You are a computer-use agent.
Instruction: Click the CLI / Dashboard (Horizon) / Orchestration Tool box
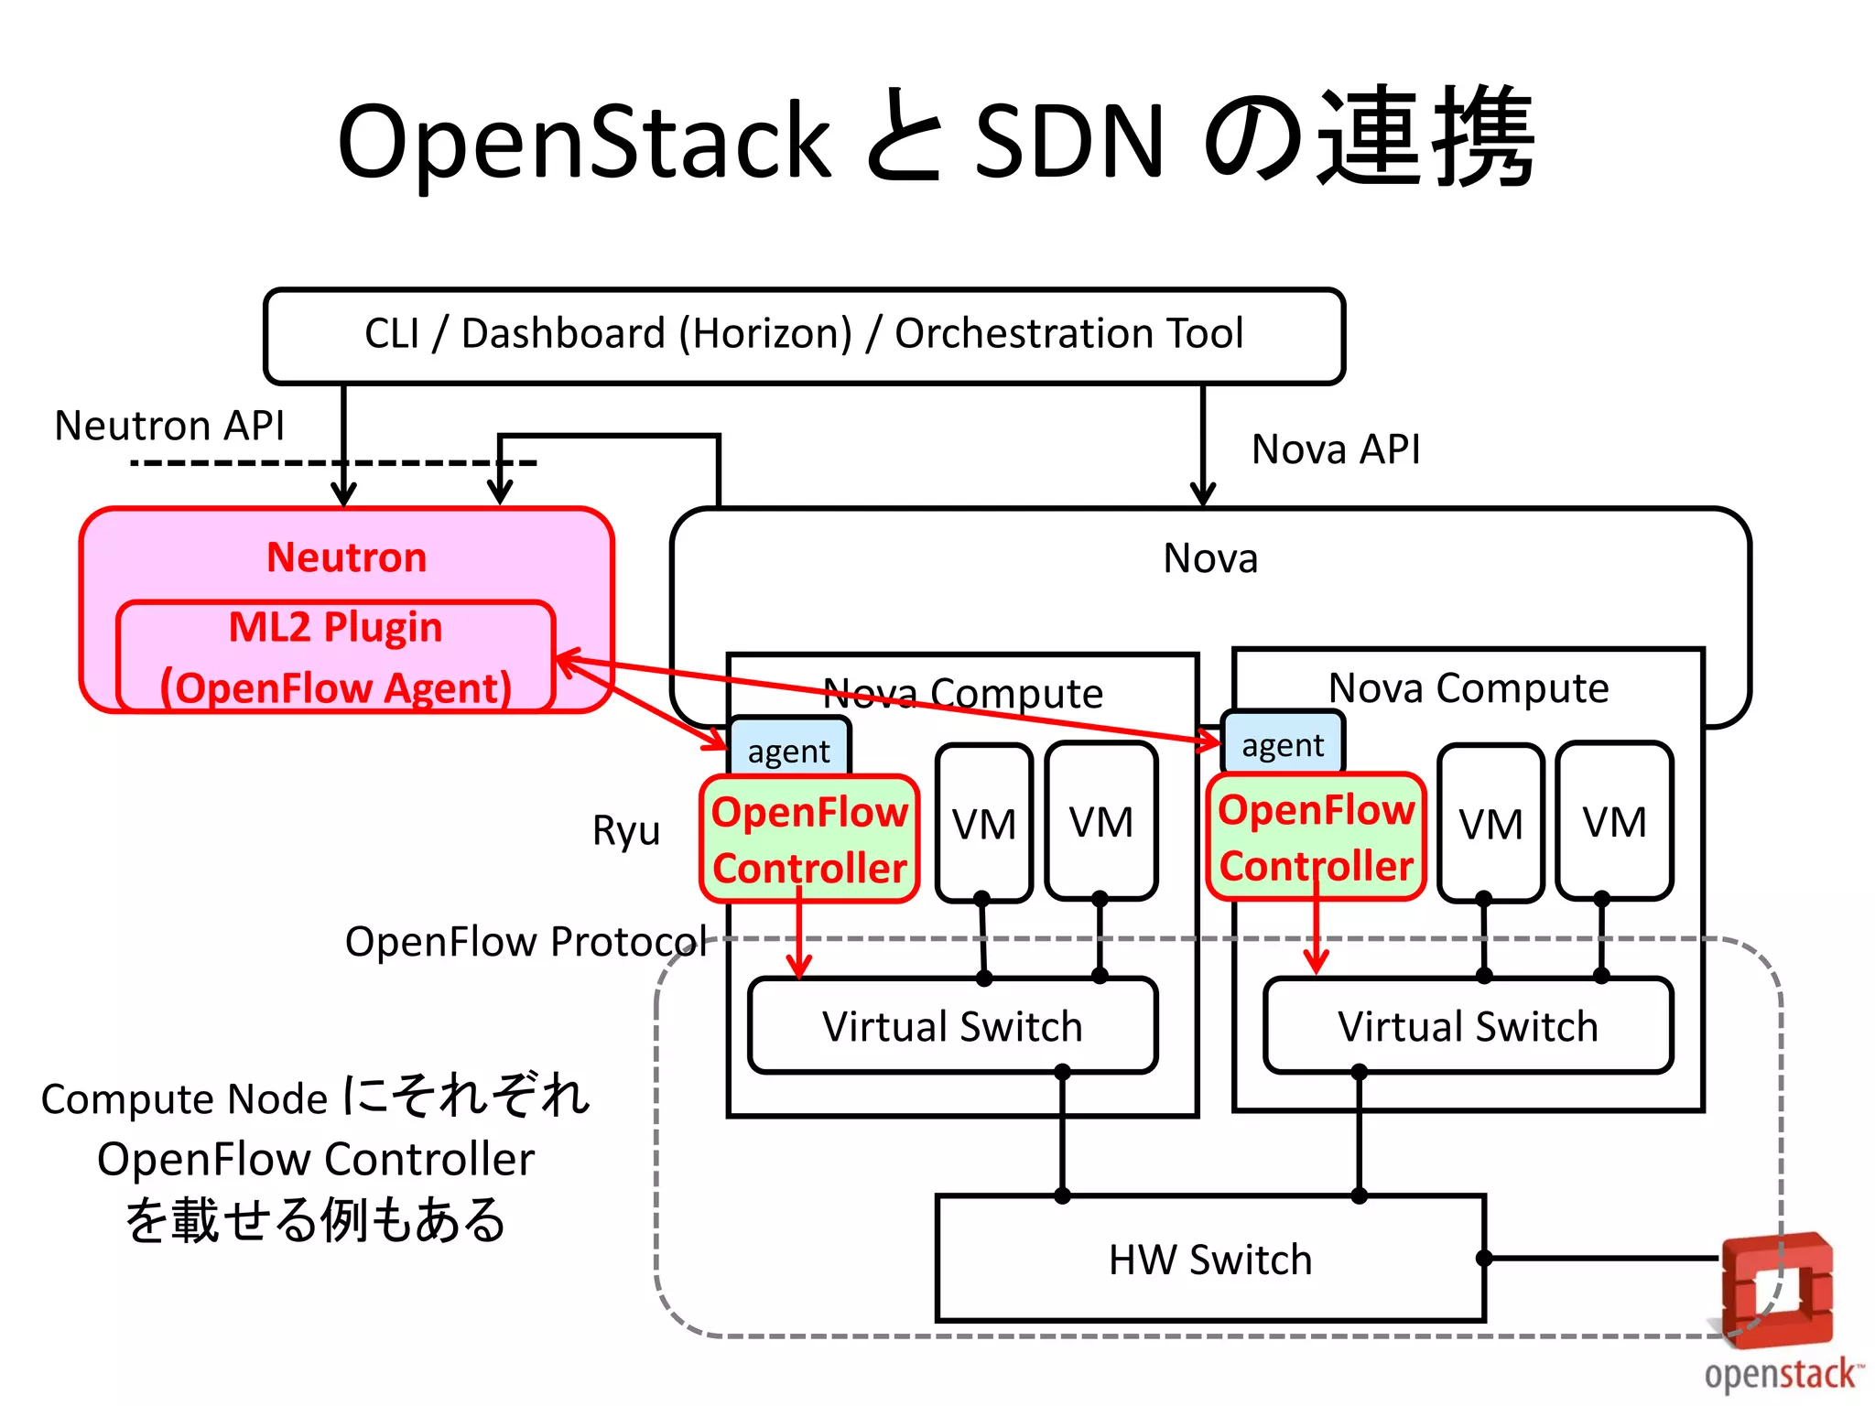(x=804, y=335)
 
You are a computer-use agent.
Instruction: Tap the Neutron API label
(x=169, y=426)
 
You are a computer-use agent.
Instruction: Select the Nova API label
(x=1335, y=449)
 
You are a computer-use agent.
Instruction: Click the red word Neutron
(x=346, y=557)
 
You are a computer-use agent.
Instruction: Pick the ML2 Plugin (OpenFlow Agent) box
(x=335, y=656)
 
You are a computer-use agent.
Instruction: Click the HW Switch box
(x=1209, y=1259)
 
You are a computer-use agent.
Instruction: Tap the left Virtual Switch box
(x=952, y=1025)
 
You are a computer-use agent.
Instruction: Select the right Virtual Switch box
(x=1468, y=1025)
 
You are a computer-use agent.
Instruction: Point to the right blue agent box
(x=1283, y=744)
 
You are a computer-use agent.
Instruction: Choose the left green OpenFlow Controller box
(x=809, y=839)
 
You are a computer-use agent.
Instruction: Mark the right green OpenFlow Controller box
(x=1316, y=838)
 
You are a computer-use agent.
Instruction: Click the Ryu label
(x=626, y=830)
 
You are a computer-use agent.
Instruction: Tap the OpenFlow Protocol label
(x=526, y=941)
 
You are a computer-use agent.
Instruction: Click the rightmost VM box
(x=1614, y=821)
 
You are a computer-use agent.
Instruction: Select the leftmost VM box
(x=983, y=823)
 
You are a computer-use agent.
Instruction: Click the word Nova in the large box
(x=1210, y=557)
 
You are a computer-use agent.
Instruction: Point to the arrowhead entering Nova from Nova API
(x=1203, y=496)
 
